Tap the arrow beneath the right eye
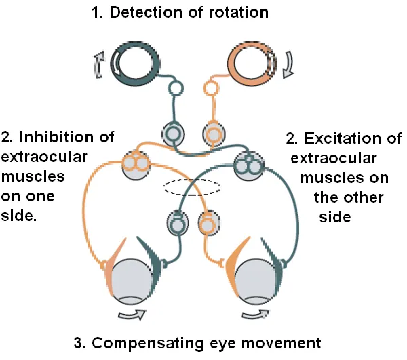pyautogui.click(x=258, y=315)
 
